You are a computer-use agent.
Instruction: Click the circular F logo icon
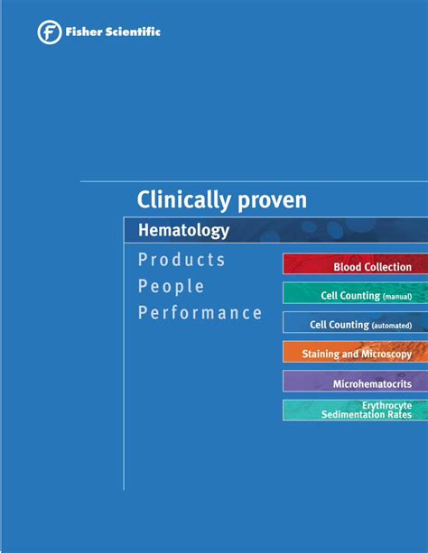(50, 32)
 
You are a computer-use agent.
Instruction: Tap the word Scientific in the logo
(133, 32)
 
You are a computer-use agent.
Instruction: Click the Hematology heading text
(183, 231)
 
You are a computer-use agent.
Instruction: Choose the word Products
(181, 260)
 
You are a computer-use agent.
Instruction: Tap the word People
(171, 286)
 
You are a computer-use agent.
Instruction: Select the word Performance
(200, 313)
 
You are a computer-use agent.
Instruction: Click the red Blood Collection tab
(355, 263)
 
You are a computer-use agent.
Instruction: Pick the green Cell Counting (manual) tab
(355, 293)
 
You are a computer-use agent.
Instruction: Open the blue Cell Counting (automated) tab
(355, 322)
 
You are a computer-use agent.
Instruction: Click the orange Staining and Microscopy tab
(355, 352)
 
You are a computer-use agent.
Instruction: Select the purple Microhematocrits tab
(355, 382)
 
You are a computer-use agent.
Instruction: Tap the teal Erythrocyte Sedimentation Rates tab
(355, 410)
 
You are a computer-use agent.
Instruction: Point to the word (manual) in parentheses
(397, 297)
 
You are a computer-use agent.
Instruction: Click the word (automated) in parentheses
(392, 326)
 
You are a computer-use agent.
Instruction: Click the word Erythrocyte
(387, 406)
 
